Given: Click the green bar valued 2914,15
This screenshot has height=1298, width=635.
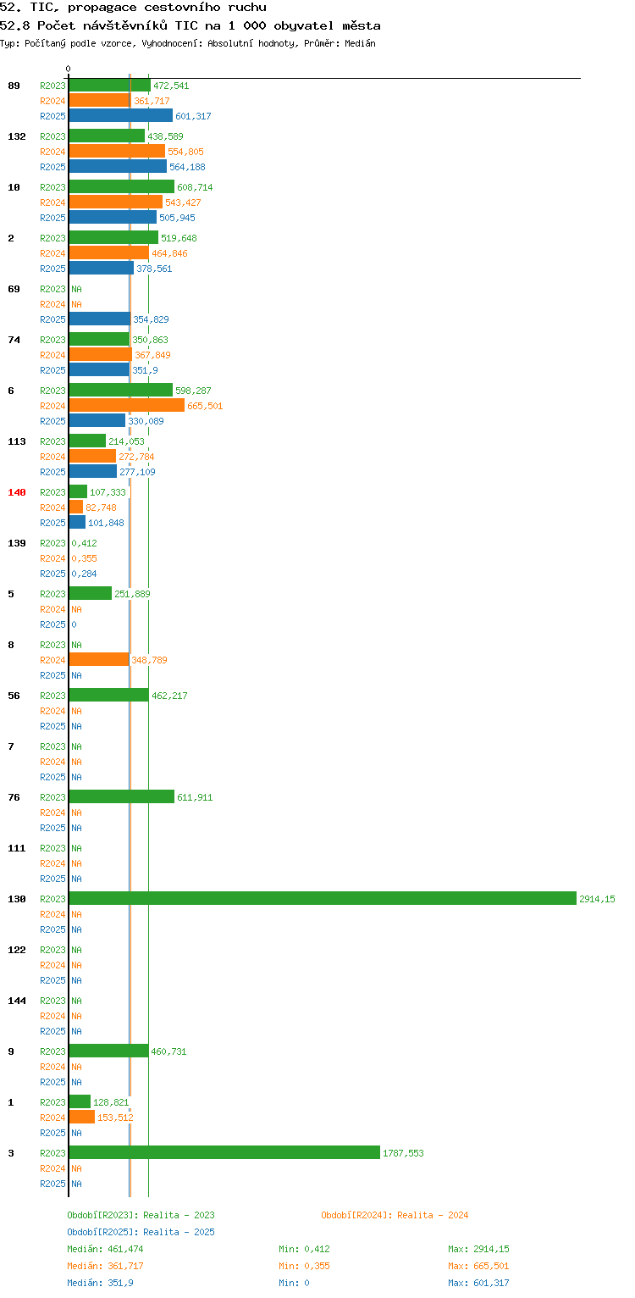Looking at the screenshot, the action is [323, 898].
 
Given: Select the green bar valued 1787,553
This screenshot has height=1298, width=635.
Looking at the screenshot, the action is [224, 1152].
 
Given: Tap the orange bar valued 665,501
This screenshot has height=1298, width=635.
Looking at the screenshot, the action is [127, 406].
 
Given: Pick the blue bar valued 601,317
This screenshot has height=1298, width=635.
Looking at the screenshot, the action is [121, 116].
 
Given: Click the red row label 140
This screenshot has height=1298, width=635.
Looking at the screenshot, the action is [17, 492].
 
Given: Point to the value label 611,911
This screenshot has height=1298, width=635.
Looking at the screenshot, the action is [195, 797].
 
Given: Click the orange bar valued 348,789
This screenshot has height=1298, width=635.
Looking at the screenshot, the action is [99, 659].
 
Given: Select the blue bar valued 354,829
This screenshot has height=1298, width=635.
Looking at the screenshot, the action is [100, 319].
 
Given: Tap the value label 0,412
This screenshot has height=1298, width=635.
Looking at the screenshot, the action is [84, 543].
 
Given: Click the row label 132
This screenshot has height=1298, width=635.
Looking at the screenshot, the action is [17, 136].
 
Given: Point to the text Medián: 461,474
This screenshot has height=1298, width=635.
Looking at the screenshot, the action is [105, 1249].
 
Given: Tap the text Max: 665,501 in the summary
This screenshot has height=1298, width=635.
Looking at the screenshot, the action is [478, 1266].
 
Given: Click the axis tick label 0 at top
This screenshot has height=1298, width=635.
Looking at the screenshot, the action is [69, 69].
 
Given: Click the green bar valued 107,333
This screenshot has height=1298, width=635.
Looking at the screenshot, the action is [78, 491].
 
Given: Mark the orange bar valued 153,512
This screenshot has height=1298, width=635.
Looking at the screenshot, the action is [81, 1117].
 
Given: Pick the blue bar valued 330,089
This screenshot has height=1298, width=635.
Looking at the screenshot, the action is [97, 421].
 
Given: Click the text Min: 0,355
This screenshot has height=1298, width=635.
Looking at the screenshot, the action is [304, 1266].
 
